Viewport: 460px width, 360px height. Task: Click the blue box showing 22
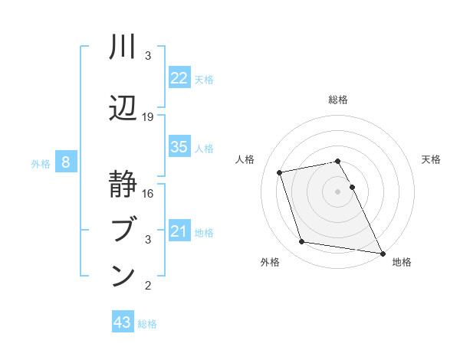pyautogui.click(x=179, y=78)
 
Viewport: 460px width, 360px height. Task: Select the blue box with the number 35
pyautogui.click(x=179, y=147)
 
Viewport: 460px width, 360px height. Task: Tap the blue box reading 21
pyautogui.click(x=179, y=231)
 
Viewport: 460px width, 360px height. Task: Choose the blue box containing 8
pyautogui.click(x=67, y=162)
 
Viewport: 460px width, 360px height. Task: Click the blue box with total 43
pyautogui.click(x=123, y=322)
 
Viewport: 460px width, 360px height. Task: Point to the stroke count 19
pyautogui.click(x=149, y=117)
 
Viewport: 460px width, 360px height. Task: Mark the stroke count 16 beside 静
pyautogui.click(x=149, y=194)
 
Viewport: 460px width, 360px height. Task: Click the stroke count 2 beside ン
pyautogui.click(x=149, y=286)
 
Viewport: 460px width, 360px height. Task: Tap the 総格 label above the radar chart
pyautogui.click(x=338, y=100)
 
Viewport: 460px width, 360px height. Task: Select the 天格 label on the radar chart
pyautogui.click(x=431, y=159)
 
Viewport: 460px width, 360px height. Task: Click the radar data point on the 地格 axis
pyautogui.click(x=382, y=253)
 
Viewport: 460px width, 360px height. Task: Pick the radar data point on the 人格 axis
pyautogui.click(x=280, y=172)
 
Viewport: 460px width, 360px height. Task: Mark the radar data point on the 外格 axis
pyautogui.click(x=302, y=242)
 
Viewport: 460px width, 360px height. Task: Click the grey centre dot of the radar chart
pyautogui.click(x=338, y=191)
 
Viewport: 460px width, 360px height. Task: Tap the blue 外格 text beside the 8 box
pyautogui.click(x=41, y=163)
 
